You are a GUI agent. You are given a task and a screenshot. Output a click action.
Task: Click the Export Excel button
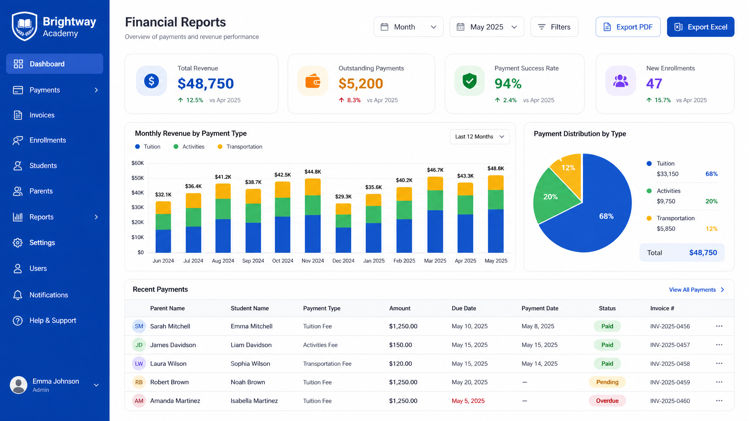tap(700, 27)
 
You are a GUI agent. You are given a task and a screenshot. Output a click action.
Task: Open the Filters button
tap(554, 27)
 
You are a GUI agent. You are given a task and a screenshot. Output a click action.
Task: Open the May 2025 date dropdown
tap(487, 27)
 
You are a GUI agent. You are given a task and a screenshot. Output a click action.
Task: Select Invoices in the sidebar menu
tap(42, 115)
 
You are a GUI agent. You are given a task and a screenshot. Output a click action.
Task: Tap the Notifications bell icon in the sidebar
tap(18, 295)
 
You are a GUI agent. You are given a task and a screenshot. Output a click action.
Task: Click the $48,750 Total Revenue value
tap(206, 84)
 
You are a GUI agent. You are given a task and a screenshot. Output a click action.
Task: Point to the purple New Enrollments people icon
tap(621, 81)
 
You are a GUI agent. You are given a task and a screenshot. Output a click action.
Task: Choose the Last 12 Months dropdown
tap(479, 137)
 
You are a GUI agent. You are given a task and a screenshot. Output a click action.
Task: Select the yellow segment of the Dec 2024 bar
tap(343, 209)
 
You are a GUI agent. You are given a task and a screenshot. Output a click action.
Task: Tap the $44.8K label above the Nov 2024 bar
tap(313, 172)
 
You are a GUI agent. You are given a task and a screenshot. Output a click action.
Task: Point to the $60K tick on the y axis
tap(138, 163)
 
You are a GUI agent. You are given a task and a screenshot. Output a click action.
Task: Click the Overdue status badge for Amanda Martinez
tap(607, 401)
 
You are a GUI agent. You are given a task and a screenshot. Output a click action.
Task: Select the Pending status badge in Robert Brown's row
tap(607, 382)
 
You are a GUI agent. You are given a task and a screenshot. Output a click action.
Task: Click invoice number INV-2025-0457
tap(670, 345)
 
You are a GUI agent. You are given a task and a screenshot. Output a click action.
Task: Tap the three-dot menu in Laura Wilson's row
tap(719, 364)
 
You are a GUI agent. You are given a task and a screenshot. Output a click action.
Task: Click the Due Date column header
tap(464, 308)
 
